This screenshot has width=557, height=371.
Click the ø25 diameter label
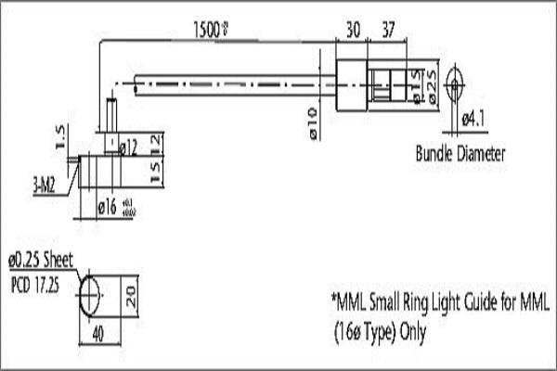point(432,84)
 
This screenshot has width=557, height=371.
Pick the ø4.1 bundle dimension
point(473,119)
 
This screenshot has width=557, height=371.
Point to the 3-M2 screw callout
point(44,185)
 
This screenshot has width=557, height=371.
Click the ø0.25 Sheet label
point(39,261)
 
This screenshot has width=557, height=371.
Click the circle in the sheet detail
point(90,295)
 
